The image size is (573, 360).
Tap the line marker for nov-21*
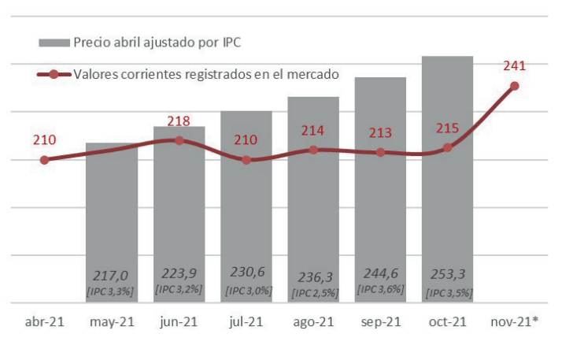point(515,86)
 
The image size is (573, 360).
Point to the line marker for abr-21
point(44,160)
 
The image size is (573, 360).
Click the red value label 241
point(514,66)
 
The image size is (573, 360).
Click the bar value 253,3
point(447,275)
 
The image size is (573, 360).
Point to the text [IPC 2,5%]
point(313,293)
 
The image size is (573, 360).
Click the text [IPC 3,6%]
point(380,289)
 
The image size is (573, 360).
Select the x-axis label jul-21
point(246,324)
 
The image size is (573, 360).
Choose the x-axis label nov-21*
point(515,324)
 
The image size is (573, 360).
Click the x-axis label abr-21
point(44,324)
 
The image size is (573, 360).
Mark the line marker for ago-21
point(313,150)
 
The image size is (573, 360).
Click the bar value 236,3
point(313,276)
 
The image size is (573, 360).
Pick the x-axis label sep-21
point(380,324)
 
